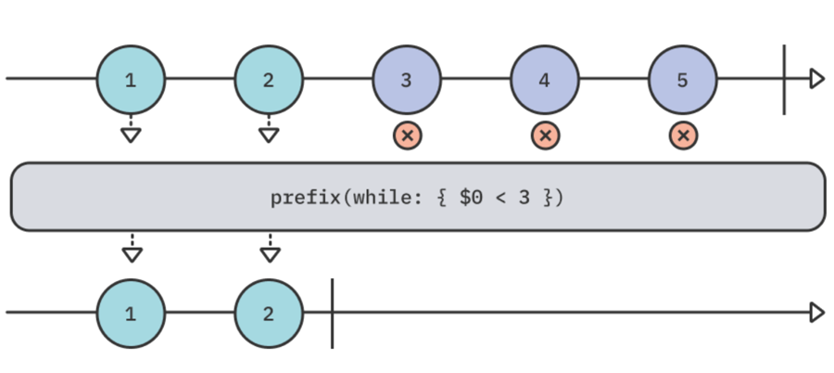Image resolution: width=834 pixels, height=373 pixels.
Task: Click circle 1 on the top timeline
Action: pyautogui.click(x=131, y=79)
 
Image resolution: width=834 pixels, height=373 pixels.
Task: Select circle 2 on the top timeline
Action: pyautogui.click(x=269, y=79)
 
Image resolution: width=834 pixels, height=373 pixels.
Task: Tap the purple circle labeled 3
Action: pyautogui.click(x=407, y=79)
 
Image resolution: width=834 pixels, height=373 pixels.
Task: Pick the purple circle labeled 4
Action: pyautogui.click(x=545, y=79)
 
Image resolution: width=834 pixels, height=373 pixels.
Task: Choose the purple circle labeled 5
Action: pyautogui.click(x=683, y=79)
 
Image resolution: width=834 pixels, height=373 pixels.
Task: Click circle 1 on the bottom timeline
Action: pyautogui.click(x=131, y=313)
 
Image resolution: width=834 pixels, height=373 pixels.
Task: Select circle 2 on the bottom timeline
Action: pyautogui.click(x=269, y=313)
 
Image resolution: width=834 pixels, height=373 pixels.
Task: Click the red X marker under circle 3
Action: pyautogui.click(x=407, y=135)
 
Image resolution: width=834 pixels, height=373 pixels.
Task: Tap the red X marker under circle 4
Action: pyautogui.click(x=545, y=135)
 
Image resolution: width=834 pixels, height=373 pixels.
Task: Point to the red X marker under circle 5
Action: pyautogui.click(x=683, y=135)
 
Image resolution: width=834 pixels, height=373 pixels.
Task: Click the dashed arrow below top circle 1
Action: pyautogui.click(x=131, y=131)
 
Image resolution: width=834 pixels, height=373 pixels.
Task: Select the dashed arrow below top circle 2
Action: pyautogui.click(x=269, y=131)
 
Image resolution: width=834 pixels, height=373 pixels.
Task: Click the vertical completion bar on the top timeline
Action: pyautogui.click(x=784, y=79)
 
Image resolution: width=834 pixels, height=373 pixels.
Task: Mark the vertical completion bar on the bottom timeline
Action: pyautogui.click(x=332, y=313)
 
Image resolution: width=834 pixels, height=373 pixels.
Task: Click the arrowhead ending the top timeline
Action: pyautogui.click(x=816, y=79)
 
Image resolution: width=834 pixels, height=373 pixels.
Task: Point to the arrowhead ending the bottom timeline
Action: pyautogui.click(x=816, y=313)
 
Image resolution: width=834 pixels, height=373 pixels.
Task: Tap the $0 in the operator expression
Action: pyautogui.click(x=470, y=198)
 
